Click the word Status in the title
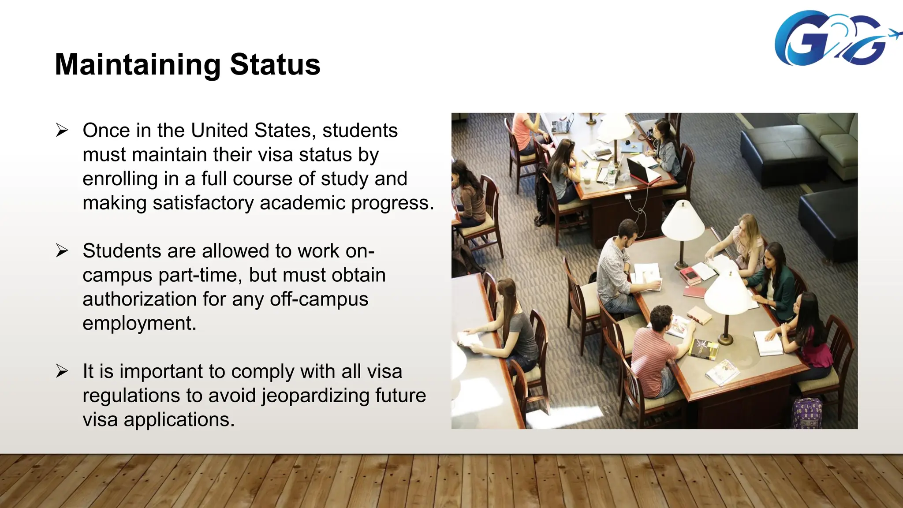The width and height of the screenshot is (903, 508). (x=275, y=64)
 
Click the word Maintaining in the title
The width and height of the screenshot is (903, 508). (x=137, y=65)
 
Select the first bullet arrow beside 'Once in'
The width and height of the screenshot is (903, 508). (x=62, y=131)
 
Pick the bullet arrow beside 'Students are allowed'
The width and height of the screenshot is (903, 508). (x=62, y=251)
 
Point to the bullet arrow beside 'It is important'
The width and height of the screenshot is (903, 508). (x=62, y=371)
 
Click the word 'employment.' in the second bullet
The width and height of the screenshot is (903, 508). (x=139, y=323)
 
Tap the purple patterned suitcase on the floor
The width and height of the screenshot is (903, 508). (x=807, y=413)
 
